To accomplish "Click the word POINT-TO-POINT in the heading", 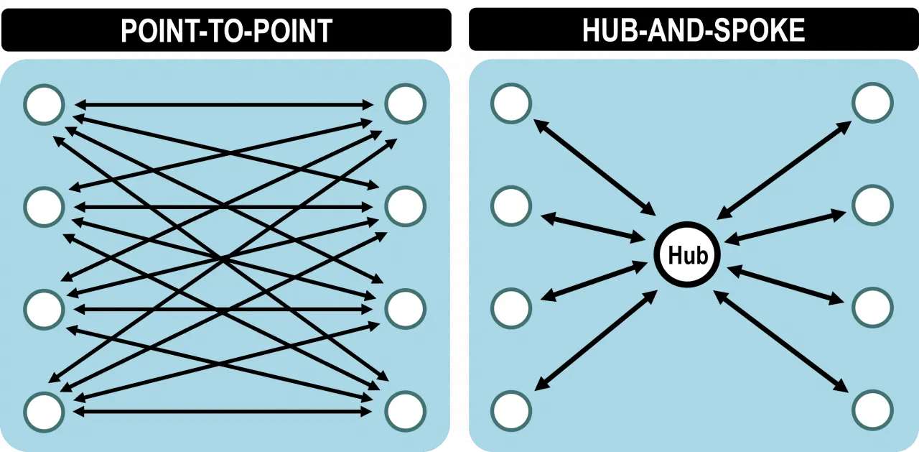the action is click(x=226, y=30).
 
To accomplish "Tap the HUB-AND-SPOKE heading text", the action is click(x=694, y=30).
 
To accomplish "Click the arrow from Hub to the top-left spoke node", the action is click(x=595, y=167).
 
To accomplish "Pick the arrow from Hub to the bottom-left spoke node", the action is click(x=596, y=341).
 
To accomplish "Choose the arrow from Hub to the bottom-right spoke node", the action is click(x=781, y=341).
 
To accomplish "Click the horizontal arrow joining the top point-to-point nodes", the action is click(x=224, y=105).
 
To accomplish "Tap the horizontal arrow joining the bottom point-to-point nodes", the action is click(x=223, y=411).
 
